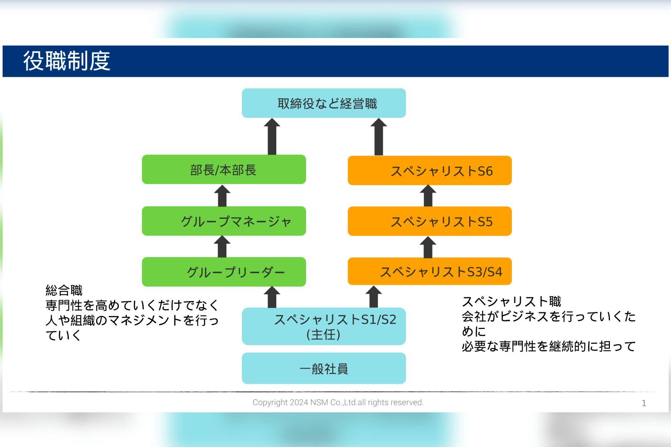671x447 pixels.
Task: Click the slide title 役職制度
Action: coord(67,61)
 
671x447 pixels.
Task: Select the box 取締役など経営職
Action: coord(324,103)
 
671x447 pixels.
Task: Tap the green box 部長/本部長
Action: coord(224,169)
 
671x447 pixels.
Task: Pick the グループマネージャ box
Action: coord(224,221)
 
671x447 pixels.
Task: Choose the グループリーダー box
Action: coord(224,272)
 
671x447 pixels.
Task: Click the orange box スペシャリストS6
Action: coord(429,171)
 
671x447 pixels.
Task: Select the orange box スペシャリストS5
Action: coord(429,221)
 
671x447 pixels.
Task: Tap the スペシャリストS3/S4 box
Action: coord(429,271)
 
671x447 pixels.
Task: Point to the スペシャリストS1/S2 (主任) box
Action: coord(324,326)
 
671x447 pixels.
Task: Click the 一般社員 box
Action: coord(324,368)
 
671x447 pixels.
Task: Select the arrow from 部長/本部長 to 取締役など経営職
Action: coord(272,137)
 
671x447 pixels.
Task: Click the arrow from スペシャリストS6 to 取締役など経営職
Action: coord(379,137)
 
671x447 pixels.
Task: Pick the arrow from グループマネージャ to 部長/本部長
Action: coord(222,196)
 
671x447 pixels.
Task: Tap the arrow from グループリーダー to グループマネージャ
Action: coord(222,247)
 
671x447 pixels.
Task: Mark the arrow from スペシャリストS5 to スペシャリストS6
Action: coord(428,196)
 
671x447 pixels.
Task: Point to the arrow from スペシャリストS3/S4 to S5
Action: coord(428,247)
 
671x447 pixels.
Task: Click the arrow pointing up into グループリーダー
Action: coord(272,297)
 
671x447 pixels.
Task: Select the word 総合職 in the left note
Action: coord(64,290)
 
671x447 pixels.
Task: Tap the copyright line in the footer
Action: coord(338,402)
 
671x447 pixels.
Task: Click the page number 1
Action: coord(644,403)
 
